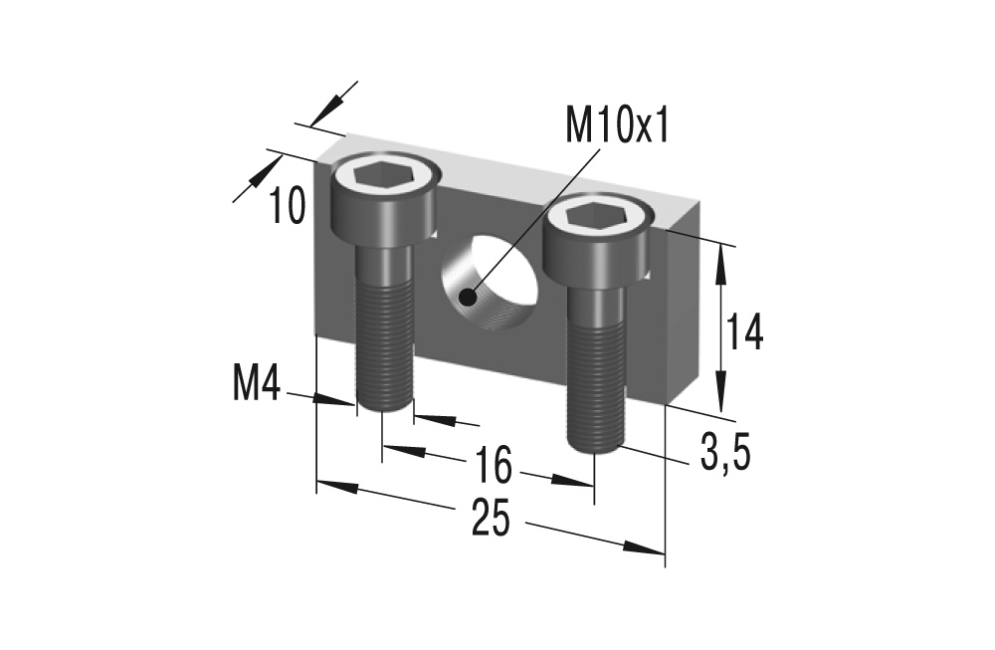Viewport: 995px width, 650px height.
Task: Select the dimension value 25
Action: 491,519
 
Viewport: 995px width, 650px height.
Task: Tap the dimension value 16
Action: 493,464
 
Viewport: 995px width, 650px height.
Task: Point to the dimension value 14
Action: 744,332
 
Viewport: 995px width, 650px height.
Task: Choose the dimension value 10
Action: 288,206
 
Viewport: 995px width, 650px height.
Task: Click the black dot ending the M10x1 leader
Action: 467,295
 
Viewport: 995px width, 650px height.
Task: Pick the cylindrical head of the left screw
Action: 383,204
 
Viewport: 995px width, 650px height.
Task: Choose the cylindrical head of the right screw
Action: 597,244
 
